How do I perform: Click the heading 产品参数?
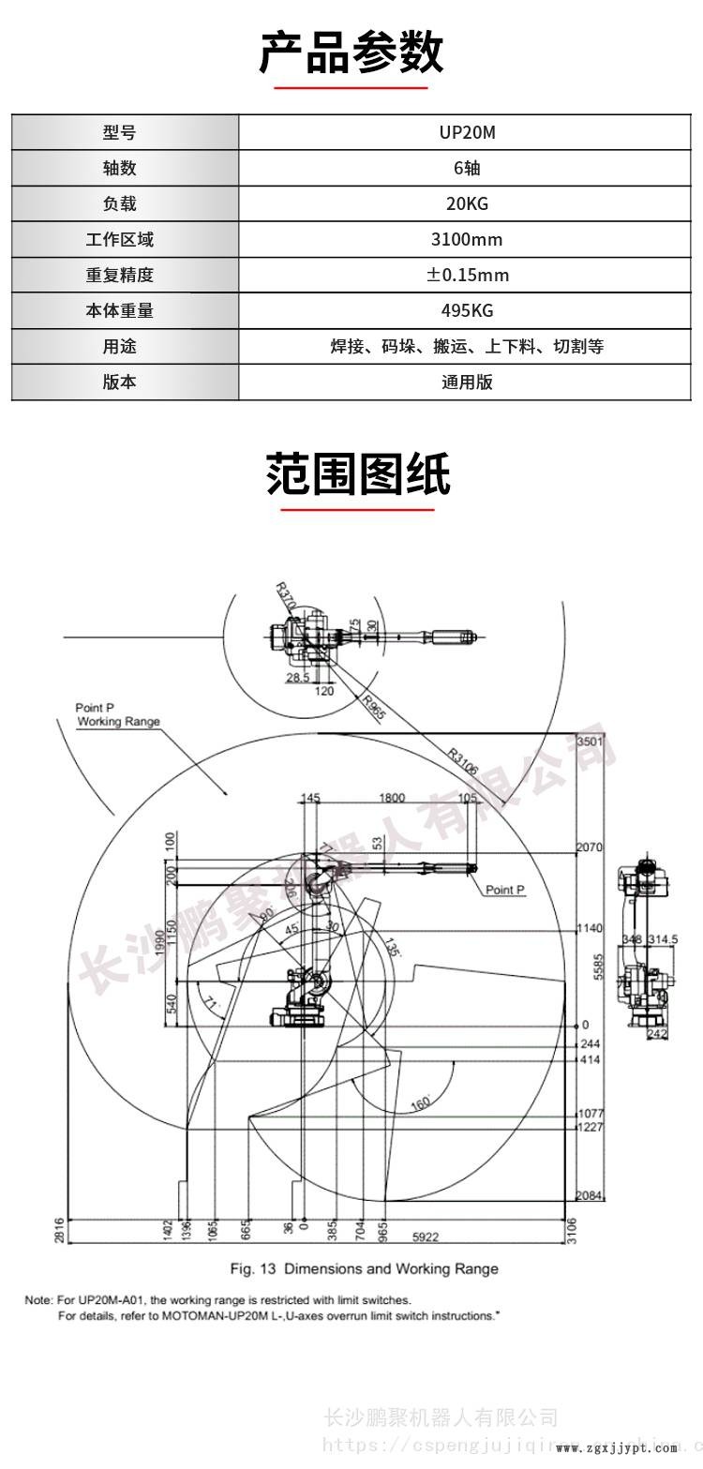point(351,52)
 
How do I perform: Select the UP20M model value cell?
point(467,132)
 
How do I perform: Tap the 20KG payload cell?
point(467,203)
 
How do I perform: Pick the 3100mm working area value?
point(467,239)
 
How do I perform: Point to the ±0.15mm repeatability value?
point(467,275)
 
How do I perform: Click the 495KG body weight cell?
point(467,310)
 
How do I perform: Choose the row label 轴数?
point(119,168)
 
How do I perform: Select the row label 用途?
point(119,346)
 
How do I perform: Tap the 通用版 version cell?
point(467,382)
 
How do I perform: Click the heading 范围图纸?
point(358,474)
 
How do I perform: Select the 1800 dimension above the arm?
point(392,798)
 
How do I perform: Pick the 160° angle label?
point(420,1103)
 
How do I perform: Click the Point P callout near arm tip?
point(504,890)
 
